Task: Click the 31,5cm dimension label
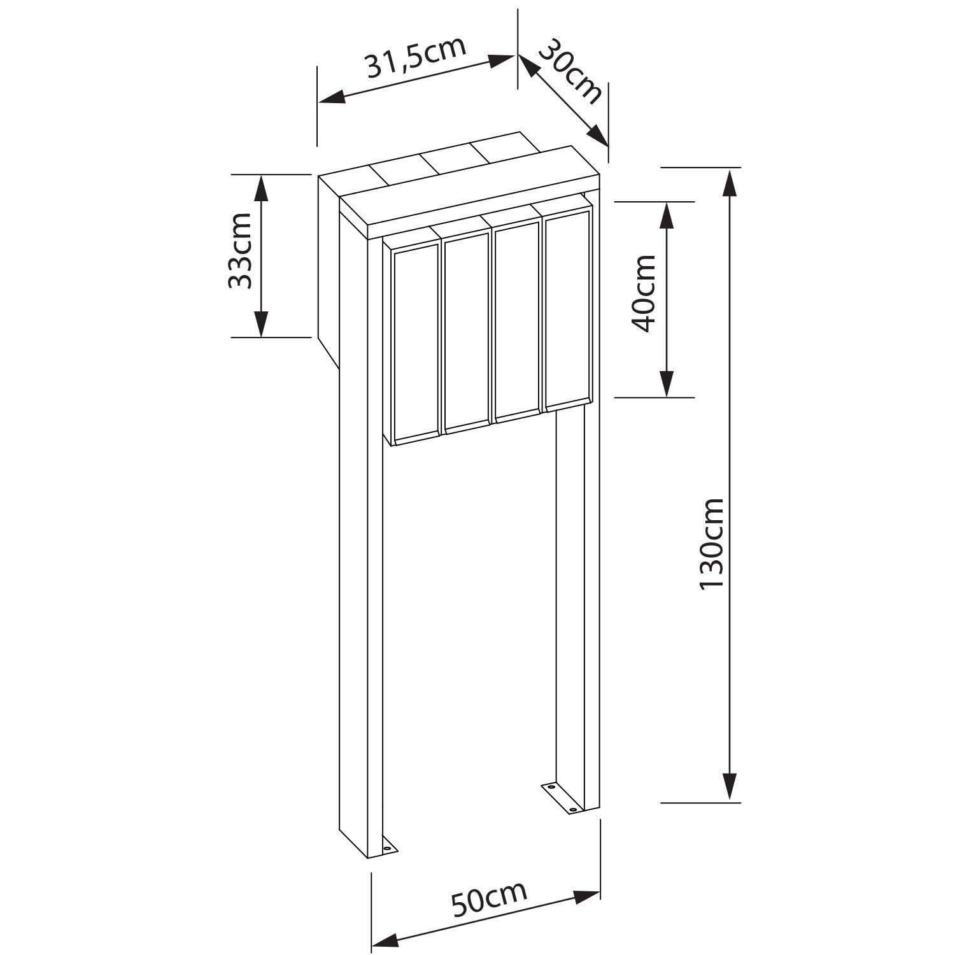pos(416,57)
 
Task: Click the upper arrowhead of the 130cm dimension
pos(730,185)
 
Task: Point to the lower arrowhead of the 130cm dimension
pos(730,786)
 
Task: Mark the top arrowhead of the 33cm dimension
pos(261,189)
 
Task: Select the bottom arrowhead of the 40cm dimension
pos(667,382)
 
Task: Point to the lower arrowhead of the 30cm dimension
pos(597,134)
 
